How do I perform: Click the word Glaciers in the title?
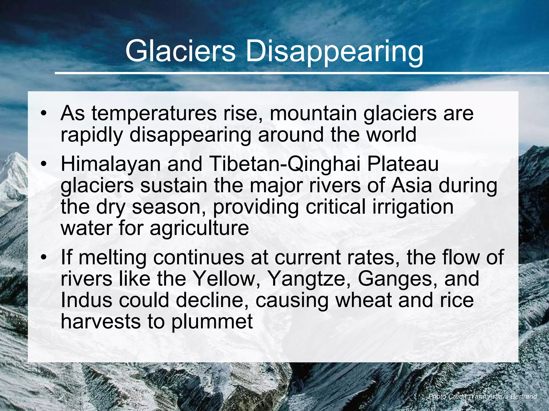pyautogui.click(x=180, y=51)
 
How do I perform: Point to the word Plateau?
pyautogui.click(x=403, y=164)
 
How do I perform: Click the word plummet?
pyautogui.click(x=212, y=322)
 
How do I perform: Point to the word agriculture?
pyautogui.click(x=199, y=229)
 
